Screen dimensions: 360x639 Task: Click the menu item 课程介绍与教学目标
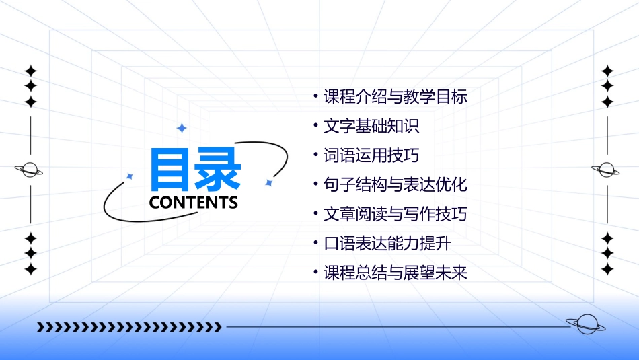tap(395, 97)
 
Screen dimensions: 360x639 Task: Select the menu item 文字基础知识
tap(371, 127)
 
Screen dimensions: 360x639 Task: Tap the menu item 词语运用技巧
tap(371, 156)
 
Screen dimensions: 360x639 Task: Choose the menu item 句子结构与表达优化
tap(395, 185)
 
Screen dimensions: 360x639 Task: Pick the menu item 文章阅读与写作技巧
tap(395, 215)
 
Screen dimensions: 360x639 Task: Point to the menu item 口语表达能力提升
tap(387, 244)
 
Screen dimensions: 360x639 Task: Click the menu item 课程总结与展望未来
tap(395, 273)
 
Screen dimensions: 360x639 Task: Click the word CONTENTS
tap(194, 203)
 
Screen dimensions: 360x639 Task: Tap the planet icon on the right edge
tap(607, 170)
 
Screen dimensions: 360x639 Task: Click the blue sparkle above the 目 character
tap(181, 128)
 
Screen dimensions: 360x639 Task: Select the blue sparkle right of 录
tap(268, 182)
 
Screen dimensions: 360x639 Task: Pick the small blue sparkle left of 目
tap(130, 176)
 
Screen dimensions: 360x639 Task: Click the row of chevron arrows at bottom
tap(129, 327)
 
